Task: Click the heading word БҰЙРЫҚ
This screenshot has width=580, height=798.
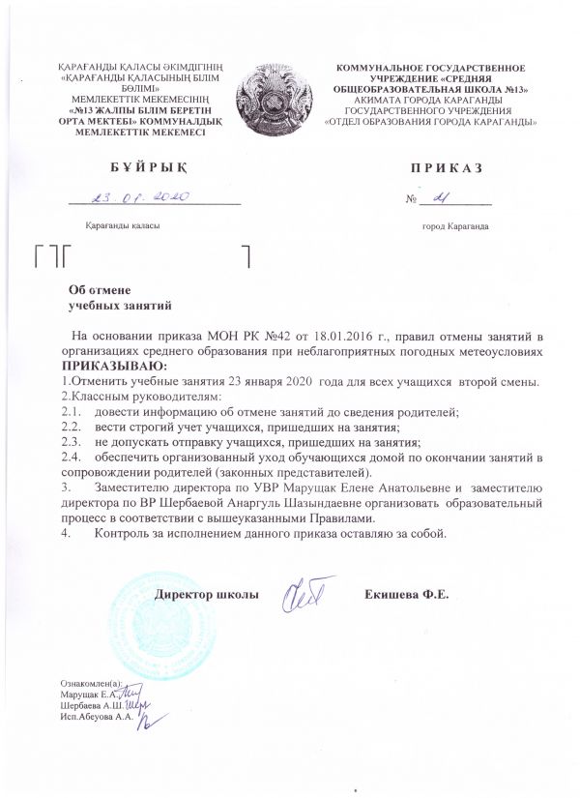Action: click(141, 168)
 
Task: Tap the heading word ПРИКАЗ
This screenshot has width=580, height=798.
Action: click(444, 168)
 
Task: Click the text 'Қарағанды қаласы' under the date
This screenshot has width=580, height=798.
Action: click(122, 225)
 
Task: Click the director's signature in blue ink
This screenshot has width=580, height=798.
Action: click(306, 593)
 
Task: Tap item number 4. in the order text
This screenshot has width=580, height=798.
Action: click(65, 533)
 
